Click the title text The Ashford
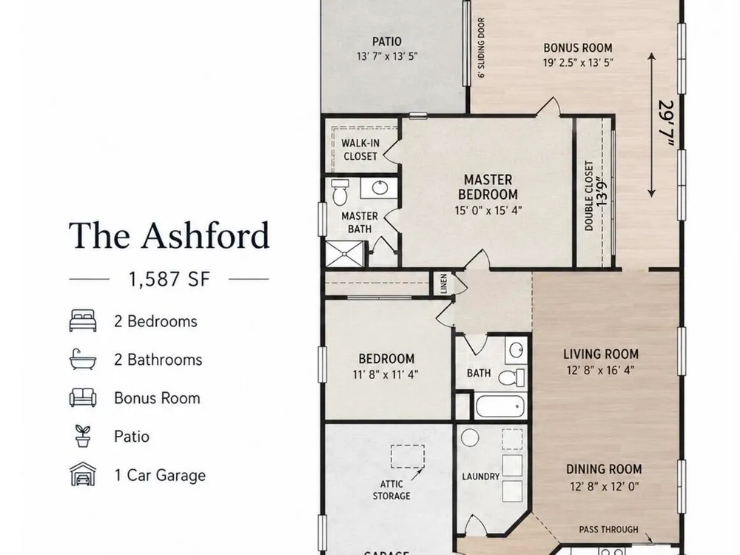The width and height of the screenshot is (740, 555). (169, 235)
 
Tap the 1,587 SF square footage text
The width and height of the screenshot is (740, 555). (169, 279)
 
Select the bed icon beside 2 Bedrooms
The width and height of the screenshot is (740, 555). (83, 321)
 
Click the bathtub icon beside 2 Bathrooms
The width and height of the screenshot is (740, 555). (83, 360)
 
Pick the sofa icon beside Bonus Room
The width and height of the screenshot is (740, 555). (83, 398)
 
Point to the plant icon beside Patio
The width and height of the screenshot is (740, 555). (83, 436)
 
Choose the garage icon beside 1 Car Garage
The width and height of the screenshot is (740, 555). (83, 474)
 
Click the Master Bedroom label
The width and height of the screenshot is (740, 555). (488, 187)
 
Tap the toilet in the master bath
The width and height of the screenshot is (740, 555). (340, 192)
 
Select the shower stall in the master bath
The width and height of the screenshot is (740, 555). (345, 255)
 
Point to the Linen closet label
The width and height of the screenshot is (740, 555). (443, 283)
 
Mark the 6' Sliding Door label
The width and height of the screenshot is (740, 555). (481, 47)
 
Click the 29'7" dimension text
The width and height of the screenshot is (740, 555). (665, 123)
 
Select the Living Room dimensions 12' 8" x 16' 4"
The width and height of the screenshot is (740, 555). (601, 370)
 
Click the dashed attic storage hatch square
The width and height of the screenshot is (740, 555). (407, 457)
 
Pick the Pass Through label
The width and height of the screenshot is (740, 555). (608, 530)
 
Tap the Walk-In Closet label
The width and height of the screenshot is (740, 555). (360, 149)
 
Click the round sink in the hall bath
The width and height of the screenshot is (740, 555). (516, 350)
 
